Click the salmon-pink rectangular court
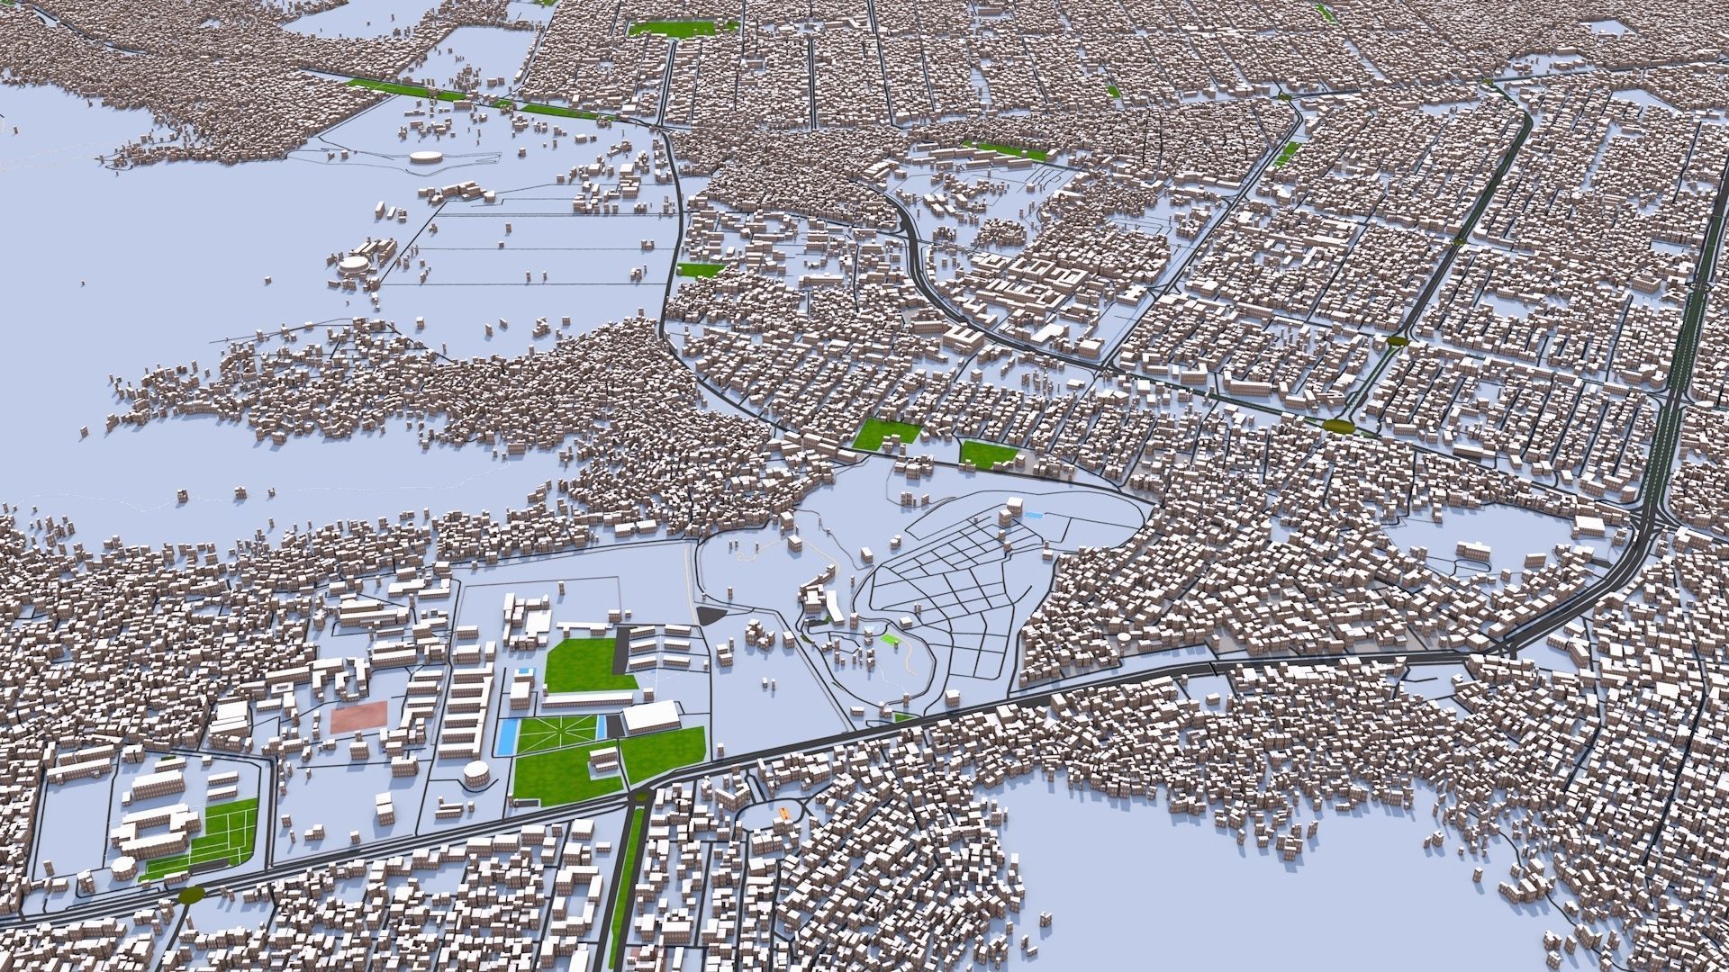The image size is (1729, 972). [x=358, y=717]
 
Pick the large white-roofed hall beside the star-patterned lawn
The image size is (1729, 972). [x=651, y=717]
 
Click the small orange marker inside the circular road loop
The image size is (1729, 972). [x=783, y=812]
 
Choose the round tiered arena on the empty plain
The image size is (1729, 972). [x=354, y=267]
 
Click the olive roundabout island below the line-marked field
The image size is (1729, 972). [x=192, y=895]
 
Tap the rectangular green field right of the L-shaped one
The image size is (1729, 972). [x=988, y=454]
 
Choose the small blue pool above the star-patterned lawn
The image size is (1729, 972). [x=524, y=674]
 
